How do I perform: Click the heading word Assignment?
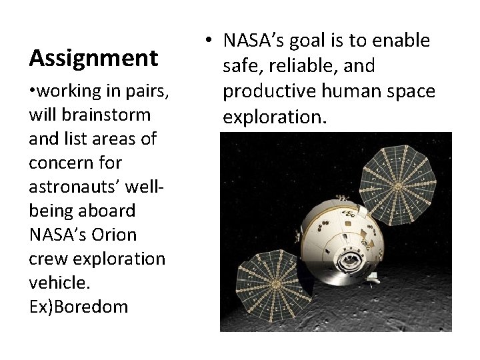[x=93, y=59]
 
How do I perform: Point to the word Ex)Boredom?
[x=78, y=307]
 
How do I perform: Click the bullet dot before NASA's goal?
[x=209, y=41]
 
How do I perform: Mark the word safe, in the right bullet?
[x=242, y=66]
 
